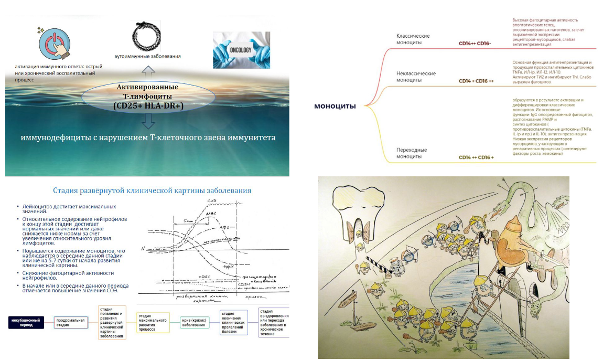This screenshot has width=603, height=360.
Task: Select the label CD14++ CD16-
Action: coord(475,44)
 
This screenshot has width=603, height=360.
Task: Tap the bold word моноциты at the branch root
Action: coord(335,107)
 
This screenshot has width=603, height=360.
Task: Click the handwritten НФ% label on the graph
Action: coord(228,267)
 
